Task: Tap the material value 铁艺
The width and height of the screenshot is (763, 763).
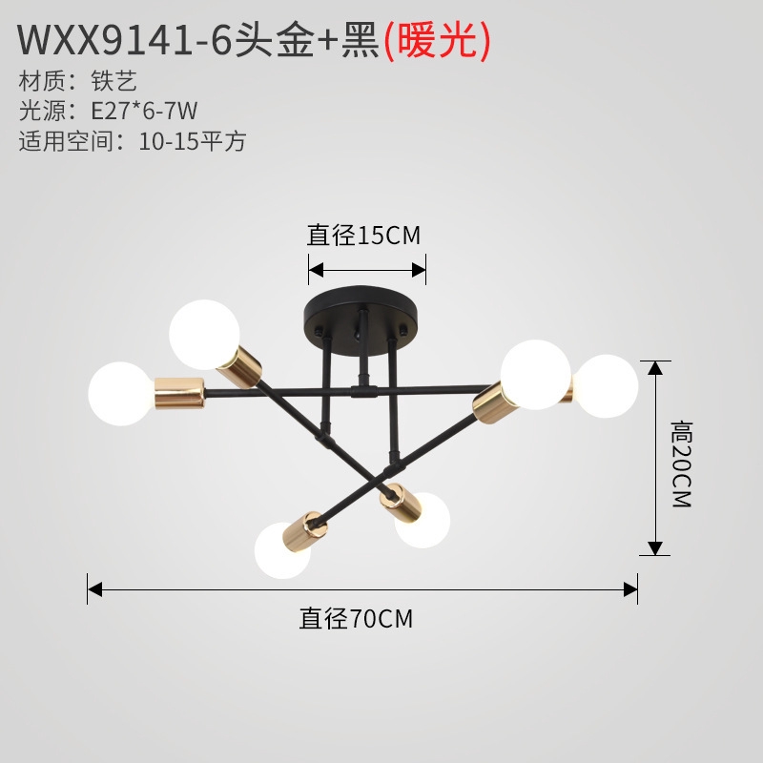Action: tap(113, 81)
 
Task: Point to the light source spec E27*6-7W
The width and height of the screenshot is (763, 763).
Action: tap(144, 111)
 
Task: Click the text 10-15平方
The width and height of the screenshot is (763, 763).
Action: tap(193, 141)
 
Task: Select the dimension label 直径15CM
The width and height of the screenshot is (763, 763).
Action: tap(363, 236)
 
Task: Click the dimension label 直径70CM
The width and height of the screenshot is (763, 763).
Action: tap(356, 618)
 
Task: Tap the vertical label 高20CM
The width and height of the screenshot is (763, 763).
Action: tap(682, 464)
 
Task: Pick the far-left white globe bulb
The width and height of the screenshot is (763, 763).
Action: tap(121, 394)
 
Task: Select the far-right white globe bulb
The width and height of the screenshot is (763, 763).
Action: tap(606, 386)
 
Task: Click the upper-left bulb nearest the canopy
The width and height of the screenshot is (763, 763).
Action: tap(204, 335)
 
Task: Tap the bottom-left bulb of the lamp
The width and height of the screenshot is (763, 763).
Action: tap(281, 551)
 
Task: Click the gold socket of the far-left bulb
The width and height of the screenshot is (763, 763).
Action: tap(179, 393)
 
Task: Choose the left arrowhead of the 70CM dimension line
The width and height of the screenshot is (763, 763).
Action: tap(94, 589)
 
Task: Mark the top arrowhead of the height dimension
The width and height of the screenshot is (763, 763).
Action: tap(655, 368)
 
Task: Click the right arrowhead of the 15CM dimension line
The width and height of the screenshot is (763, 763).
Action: tap(419, 270)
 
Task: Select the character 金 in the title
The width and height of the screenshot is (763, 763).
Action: tap(296, 41)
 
